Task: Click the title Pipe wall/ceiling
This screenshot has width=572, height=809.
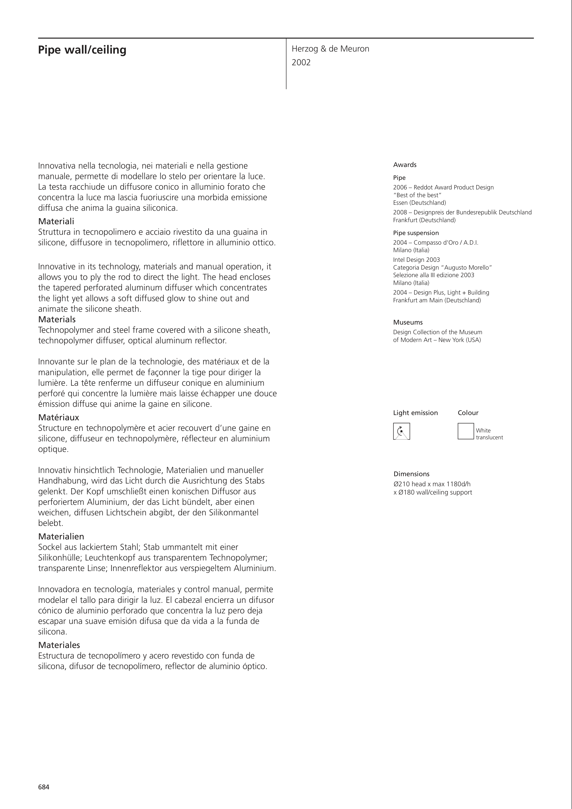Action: pyautogui.click(x=82, y=50)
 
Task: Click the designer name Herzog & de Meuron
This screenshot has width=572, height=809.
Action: pyautogui.click(x=330, y=49)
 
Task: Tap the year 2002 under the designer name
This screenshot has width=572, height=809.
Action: pyautogui.click(x=301, y=63)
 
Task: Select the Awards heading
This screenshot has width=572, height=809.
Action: pyautogui.click(x=405, y=165)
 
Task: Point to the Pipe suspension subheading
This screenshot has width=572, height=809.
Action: pyautogui.click(x=416, y=233)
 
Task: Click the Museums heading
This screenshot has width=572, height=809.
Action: pyautogui.click(x=408, y=323)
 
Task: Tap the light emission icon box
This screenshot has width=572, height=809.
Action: pyautogui.click(x=401, y=431)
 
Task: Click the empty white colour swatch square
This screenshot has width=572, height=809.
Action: pyautogui.click(x=465, y=431)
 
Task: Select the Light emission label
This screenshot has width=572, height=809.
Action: pyautogui.click(x=415, y=413)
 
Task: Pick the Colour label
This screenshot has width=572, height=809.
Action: pyautogui.click(x=468, y=413)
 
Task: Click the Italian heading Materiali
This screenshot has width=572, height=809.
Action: pyautogui.click(x=56, y=222)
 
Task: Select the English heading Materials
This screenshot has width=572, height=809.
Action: pyautogui.click(x=57, y=320)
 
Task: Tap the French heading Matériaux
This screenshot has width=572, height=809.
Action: pyautogui.click(x=58, y=418)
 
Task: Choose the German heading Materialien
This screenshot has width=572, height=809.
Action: pyautogui.click(x=61, y=537)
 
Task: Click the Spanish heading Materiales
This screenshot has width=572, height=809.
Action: pyautogui.click(x=59, y=645)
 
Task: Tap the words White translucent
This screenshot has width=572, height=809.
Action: pyautogui.click(x=489, y=434)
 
